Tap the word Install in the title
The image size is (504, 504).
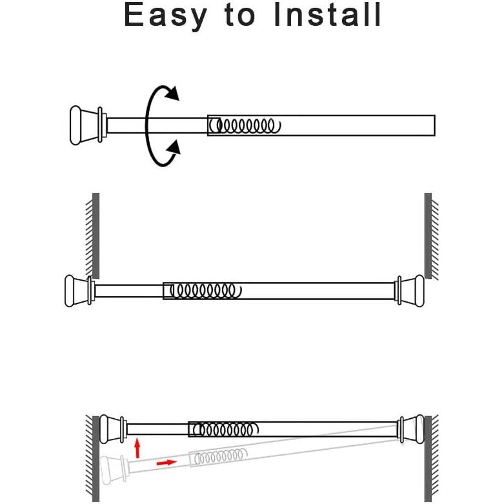(328, 14)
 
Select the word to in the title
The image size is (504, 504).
(240, 15)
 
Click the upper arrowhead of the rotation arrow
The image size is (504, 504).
(171, 93)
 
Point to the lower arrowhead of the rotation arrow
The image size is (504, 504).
(174, 148)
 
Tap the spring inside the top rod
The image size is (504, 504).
(245, 126)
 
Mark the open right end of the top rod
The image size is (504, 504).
(434, 125)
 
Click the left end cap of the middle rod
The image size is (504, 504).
(80, 291)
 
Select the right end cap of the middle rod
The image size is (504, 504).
(410, 291)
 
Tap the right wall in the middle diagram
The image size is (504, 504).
(431, 236)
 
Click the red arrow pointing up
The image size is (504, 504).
(137, 448)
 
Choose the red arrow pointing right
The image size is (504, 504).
(166, 463)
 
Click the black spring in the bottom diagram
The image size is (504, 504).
(226, 429)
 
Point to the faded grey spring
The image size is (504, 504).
(221, 456)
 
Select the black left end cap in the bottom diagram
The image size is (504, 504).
(113, 429)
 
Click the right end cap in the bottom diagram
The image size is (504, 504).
(411, 429)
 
